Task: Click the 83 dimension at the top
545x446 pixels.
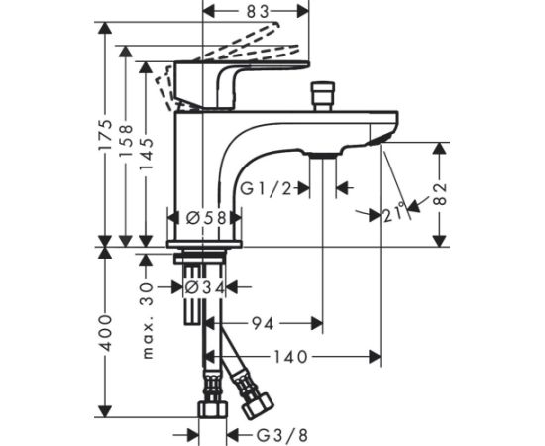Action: pyautogui.click(x=258, y=12)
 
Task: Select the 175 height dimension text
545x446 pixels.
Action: pyautogui.click(x=105, y=135)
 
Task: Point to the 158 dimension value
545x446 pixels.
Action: pyautogui.click(x=126, y=140)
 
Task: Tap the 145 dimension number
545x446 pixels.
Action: pyautogui.click(x=146, y=155)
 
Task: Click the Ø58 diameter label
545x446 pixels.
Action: pyautogui.click(x=206, y=218)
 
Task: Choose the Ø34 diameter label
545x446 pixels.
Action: pyautogui.click(x=204, y=287)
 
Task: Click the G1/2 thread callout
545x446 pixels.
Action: pyautogui.click(x=267, y=189)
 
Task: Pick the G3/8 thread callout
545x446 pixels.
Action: pyautogui.click(x=282, y=435)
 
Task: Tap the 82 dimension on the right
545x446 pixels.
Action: pyautogui.click(x=440, y=193)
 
